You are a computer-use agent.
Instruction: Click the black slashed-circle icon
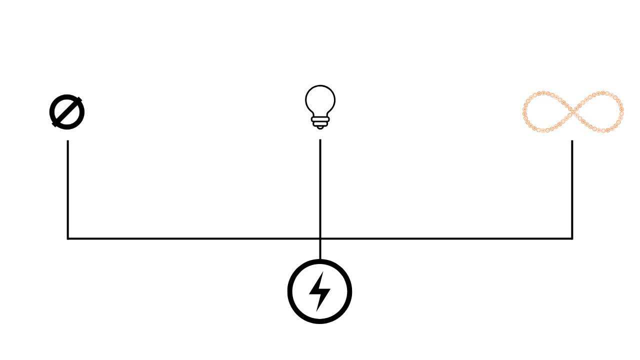pyautogui.click(x=67, y=112)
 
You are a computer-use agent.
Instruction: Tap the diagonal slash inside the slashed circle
pyautogui.click(x=67, y=112)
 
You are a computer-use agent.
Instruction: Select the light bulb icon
pyautogui.click(x=320, y=106)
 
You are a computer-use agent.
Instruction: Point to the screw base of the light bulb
pyautogui.click(x=320, y=121)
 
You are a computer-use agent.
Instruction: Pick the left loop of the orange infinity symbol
pyautogui.click(x=547, y=112)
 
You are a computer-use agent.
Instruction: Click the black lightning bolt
pyautogui.click(x=319, y=291)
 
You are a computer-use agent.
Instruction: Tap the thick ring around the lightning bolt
pyautogui.click(x=291, y=291)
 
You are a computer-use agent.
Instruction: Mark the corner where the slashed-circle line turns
pyautogui.click(x=67, y=238)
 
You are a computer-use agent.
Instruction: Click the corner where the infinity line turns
pyautogui.click(x=572, y=238)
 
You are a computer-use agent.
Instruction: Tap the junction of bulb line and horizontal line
pyautogui.click(x=320, y=238)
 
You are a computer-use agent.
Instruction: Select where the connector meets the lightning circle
pyautogui.click(x=320, y=259)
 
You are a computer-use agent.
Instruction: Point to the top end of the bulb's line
pyautogui.click(x=320, y=140)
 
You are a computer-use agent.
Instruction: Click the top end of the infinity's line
pyautogui.click(x=572, y=141)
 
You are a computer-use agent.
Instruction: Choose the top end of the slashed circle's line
pyautogui.click(x=67, y=141)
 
